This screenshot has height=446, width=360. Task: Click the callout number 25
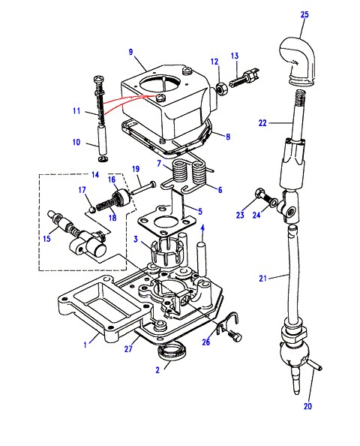click(x=304, y=14)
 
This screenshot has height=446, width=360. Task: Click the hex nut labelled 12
click(x=221, y=89)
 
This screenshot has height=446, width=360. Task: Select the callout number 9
click(x=130, y=52)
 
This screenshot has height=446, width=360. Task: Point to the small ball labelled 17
click(x=91, y=209)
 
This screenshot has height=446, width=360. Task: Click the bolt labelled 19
click(x=143, y=188)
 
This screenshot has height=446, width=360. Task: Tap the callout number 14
click(x=95, y=174)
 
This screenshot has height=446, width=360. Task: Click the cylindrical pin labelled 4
click(x=202, y=259)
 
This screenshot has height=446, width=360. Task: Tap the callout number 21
click(x=262, y=278)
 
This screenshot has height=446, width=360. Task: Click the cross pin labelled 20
click(x=313, y=366)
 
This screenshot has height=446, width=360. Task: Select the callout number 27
click(x=128, y=348)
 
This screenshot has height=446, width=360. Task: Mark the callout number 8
click(x=228, y=137)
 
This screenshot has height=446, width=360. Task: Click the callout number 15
click(x=47, y=238)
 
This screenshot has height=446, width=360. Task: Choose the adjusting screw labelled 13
click(x=245, y=79)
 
